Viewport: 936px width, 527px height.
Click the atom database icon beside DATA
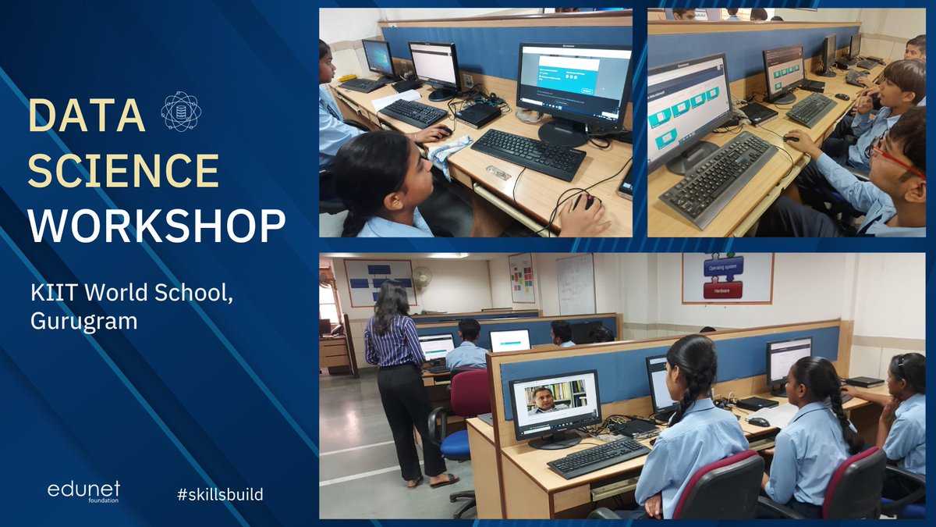pos(181,111)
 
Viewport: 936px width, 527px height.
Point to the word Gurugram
pos(83,320)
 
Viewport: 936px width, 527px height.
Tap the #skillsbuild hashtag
pos(220,493)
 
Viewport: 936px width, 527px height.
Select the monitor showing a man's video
pos(555,401)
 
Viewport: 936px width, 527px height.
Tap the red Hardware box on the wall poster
pos(723,290)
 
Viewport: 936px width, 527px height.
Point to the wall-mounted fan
pos(422,276)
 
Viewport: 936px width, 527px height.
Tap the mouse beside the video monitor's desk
pos(757,422)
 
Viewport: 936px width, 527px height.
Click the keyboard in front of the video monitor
pos(598,457)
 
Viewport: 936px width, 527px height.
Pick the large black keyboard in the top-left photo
pos(528,152)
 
